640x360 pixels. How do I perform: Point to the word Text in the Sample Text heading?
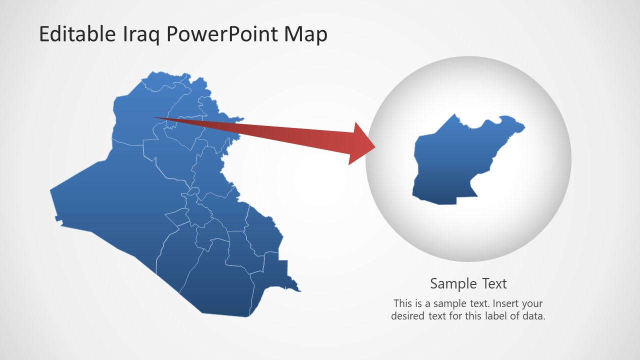pyautogui.click(x=492, y=284)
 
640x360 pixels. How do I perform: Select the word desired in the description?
pyautogui.click(x=408, y=316)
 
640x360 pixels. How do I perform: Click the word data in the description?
pyautogui.click(x=533, y=316)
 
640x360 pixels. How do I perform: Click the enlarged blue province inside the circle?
pyautogui.click(x=450, y=165)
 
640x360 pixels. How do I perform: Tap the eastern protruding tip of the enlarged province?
pyautogui.click(x=523, y=128)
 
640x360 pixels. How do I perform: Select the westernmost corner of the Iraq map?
pyautogui.click(x=51, y=190)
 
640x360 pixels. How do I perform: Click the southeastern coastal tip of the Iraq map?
pyautogui.click(x=299, y=290)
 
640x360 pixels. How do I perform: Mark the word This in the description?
pyautogui.click(x=402, y=303)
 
